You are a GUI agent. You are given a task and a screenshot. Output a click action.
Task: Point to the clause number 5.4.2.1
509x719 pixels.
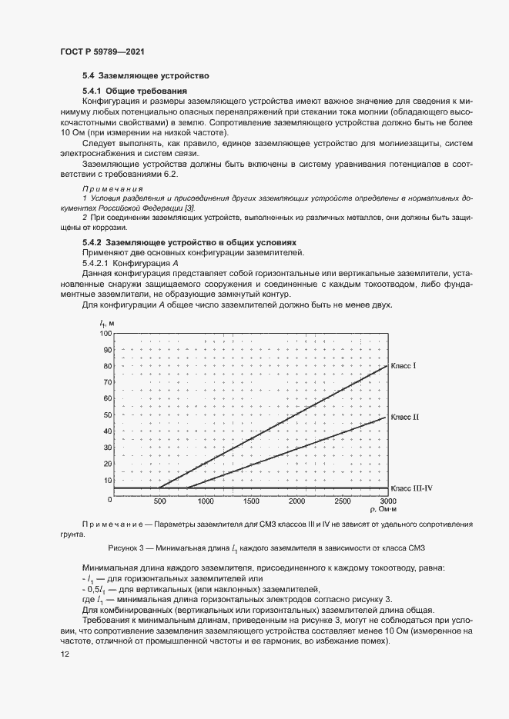(95, 264)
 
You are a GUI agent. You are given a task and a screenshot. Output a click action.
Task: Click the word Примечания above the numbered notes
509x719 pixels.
(113, 188)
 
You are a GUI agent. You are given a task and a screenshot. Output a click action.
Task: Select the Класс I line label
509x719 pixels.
(404, 365)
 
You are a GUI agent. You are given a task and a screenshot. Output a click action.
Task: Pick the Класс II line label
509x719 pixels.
(404, 417)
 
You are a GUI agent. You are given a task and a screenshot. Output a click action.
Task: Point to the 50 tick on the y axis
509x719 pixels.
(107, 415)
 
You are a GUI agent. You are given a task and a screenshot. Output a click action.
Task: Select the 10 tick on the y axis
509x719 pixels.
(107, 481)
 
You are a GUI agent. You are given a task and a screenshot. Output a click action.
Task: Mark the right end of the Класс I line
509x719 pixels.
(387, 365)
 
